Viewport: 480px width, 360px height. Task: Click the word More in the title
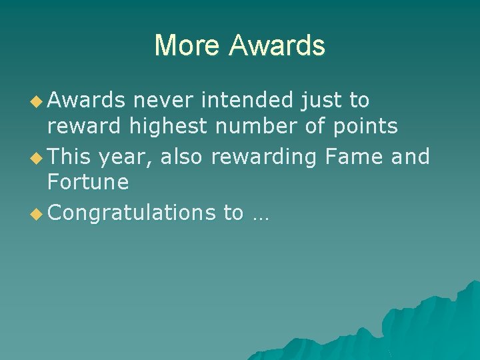(x=187, y=45)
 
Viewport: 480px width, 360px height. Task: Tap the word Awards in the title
(x=277, y=45)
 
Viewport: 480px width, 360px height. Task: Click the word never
(x=163, y=101)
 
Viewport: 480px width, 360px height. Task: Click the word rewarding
(x=264, y=157)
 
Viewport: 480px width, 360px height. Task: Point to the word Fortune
(x=88, y=182)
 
